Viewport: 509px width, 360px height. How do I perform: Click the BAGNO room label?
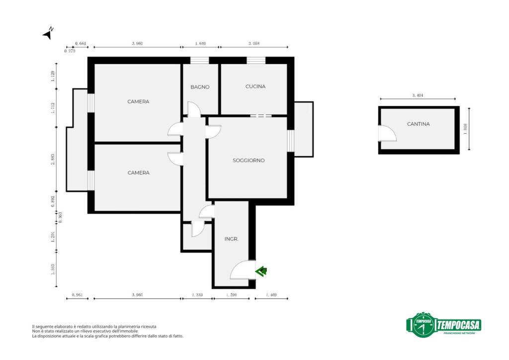(x=200, y=87)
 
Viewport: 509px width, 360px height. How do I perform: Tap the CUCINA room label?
(x=255, y=87)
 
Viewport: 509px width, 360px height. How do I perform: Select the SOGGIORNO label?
(x=249, y=161)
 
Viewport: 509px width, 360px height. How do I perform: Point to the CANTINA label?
(x=419, y=124)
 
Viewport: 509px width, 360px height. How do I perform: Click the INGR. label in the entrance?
(x=232, y=239)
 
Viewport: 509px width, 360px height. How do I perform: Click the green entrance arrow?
(x=261, y=270)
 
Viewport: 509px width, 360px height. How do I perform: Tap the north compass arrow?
(x=48, y=33)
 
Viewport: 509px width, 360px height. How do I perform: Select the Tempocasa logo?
(x=444, y=325)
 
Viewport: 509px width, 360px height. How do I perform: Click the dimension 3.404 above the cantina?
(x=418, y=95)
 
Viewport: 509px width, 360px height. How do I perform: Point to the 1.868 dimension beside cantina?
(x=465, y=129)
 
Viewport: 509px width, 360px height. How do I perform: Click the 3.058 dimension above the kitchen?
(x=254, y=43)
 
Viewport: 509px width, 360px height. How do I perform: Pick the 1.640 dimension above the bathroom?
(x=200, y=43)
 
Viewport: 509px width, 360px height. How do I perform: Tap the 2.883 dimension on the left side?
(x=53, y=159)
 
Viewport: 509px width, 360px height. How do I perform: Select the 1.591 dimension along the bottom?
(x=232, y=295)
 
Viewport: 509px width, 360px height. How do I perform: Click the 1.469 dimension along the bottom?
(x=271, y=295)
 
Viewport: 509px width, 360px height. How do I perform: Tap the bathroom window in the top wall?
(x=199, y=60)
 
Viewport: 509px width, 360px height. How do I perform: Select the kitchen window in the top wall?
(x=256, y=60)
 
